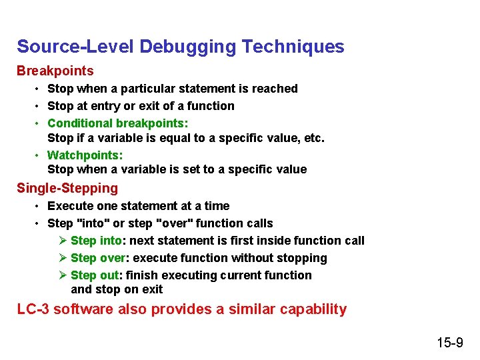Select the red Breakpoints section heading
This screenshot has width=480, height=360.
click(55, 71)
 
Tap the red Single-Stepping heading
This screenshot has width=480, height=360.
click(67, 188)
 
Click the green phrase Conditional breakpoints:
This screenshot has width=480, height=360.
click(118, 123)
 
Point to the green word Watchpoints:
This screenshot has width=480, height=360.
click(85, 155)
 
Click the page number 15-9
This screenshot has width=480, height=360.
click(450, 343)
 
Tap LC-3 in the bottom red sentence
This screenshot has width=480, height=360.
click(33, 309)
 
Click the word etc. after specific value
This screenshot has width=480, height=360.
click(313, 139)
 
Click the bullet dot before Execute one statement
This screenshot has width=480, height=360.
click(39, 206)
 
